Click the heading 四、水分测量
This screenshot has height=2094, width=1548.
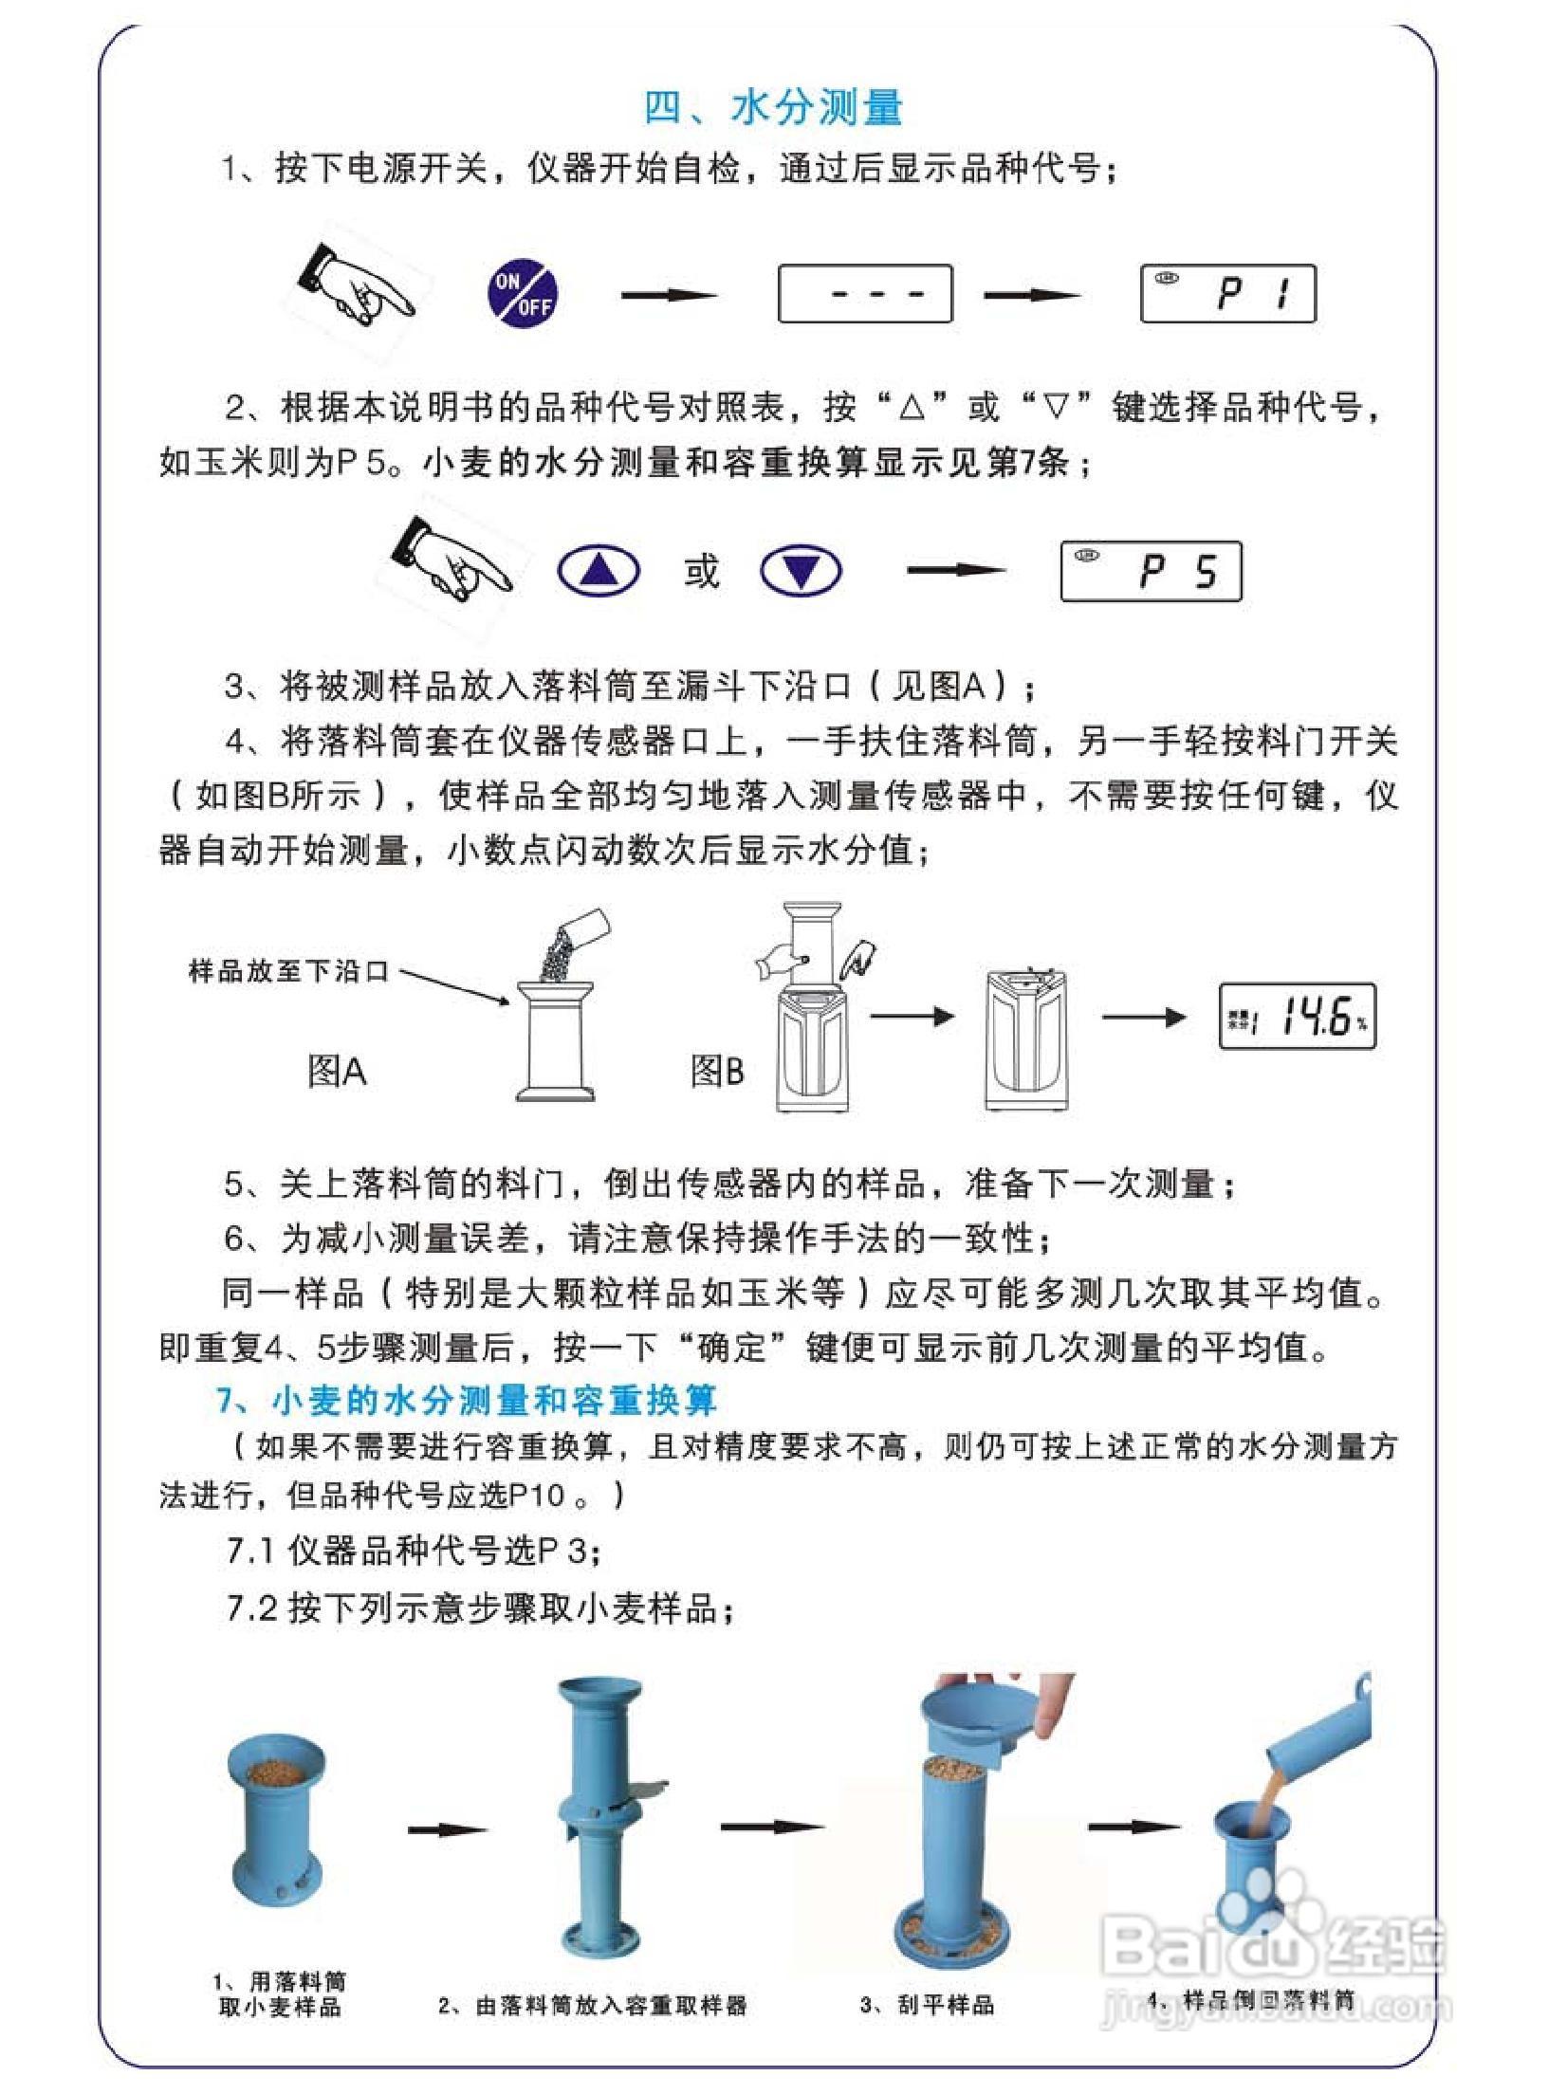coord(773,107)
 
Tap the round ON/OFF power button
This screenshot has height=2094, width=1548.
coord(523,293)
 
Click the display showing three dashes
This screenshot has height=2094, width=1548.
coord(864,294)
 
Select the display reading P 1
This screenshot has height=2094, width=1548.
coord(1227,294)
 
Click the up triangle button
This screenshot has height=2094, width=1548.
coord(598,571)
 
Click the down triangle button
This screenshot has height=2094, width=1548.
coord(802,571)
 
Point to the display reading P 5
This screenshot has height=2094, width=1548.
coord(1151,571)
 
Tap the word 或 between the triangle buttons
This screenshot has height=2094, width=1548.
coord(701,571)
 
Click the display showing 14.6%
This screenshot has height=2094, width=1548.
coord(1297,1017)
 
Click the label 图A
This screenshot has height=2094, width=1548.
coord(337,1072)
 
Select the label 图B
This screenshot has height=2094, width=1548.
coord(717,1072)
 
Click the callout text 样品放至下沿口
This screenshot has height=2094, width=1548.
coord(289,971)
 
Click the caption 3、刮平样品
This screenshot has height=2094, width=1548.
coord(927,2005)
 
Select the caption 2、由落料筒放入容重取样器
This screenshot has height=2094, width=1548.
coord(593,2005)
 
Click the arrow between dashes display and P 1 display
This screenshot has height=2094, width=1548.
coord(1031,295)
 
